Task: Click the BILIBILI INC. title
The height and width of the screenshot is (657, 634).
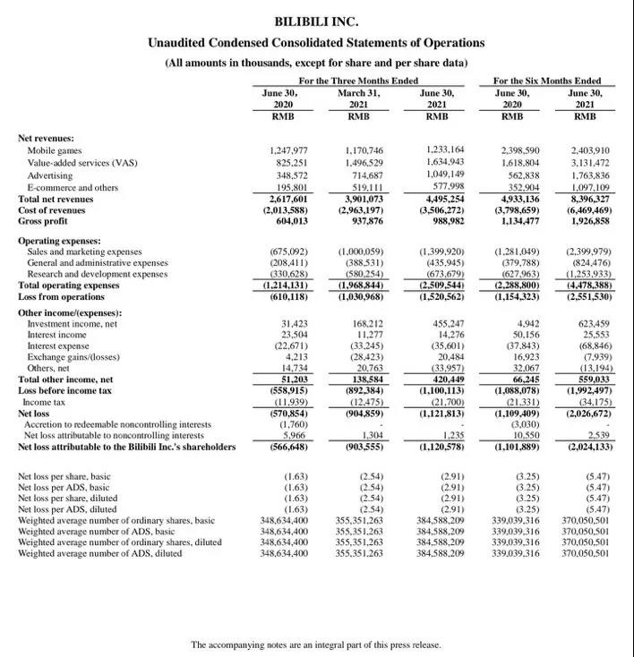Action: (316, 21)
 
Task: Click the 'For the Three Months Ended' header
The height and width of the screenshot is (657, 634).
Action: (357, 81)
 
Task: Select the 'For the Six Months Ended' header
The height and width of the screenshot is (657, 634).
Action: (547, 81)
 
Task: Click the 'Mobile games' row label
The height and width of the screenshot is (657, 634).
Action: (55, 150)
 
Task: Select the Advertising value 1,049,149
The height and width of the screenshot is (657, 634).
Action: (446, 175)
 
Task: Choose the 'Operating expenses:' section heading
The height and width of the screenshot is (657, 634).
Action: (60, 241)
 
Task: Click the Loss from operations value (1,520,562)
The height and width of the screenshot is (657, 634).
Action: (441, 295)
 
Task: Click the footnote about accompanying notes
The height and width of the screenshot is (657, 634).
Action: (316, 644)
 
